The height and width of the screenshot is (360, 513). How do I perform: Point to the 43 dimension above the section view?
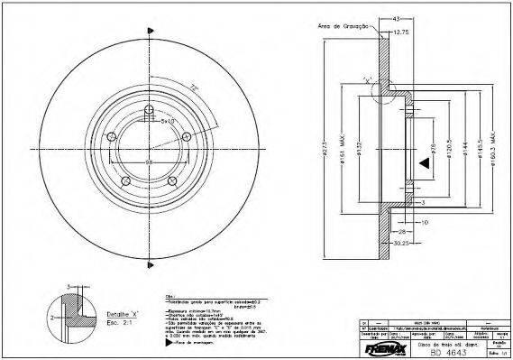coord(396,19)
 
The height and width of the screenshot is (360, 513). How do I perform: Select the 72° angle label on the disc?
coord(191,88)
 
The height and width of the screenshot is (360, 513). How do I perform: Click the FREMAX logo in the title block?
coord(382,344)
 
